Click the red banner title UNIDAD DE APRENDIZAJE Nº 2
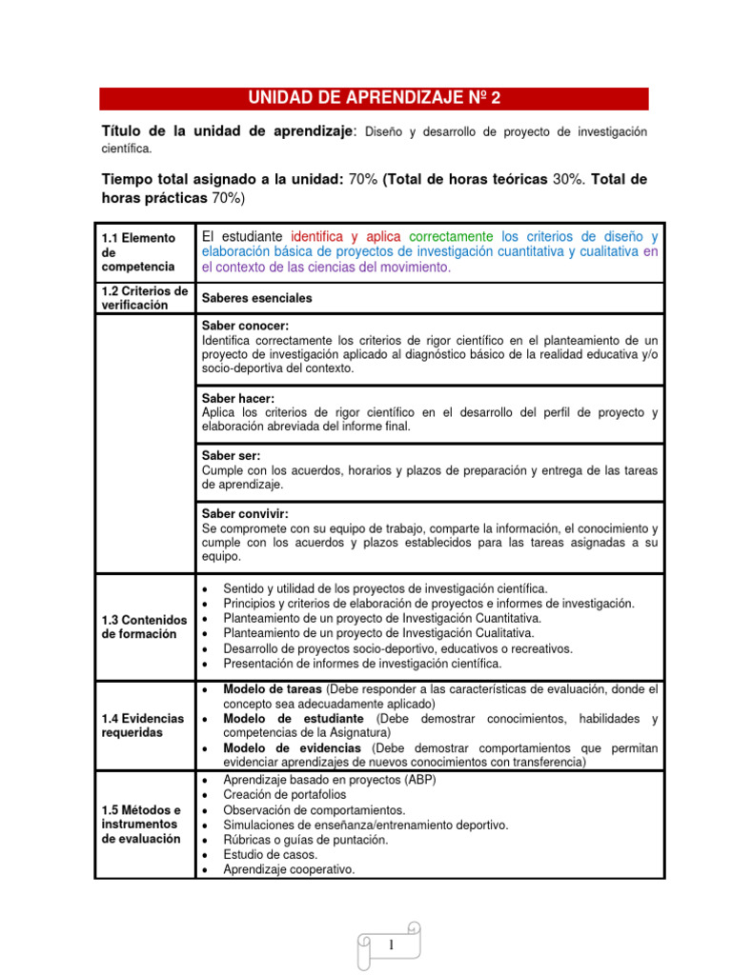374,98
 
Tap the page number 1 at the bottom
391,945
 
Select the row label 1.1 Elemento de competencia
138,251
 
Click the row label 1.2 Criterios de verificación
144,298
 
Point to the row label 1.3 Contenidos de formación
143,627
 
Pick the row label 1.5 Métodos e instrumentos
140,825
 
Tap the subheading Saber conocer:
245,326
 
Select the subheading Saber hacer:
237,398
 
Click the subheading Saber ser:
231,456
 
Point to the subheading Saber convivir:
245,513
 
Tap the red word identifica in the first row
318,236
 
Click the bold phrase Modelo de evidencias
283,748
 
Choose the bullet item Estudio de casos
271,854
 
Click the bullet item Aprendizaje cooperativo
288,869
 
